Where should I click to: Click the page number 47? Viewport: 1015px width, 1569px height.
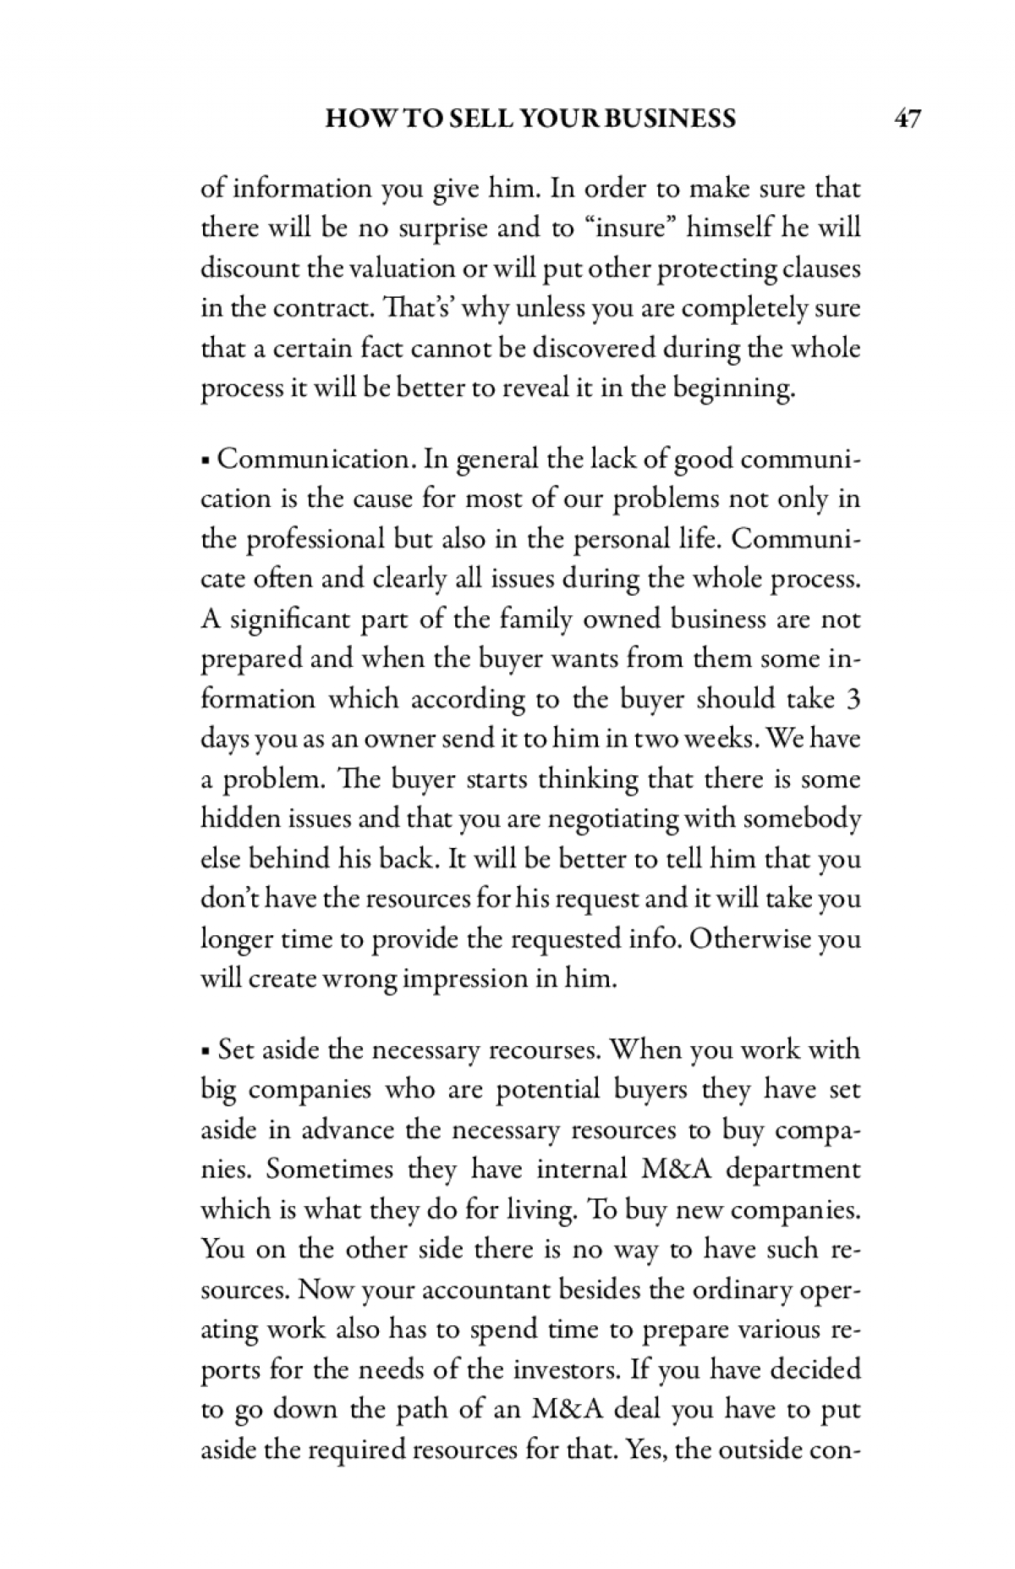click(x=907, y=118)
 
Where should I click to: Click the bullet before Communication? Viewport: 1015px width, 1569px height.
click(x=206, y=462)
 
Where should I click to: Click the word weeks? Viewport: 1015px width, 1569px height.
click(x=717, y=739)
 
